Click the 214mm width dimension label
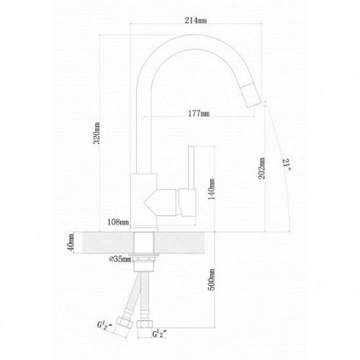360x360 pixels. [195, 21]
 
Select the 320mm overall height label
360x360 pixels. [96, 133]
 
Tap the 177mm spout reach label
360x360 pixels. [199, 113]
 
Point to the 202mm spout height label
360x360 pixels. [261, 168]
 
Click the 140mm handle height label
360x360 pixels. [211, 189]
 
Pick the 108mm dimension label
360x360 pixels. [118, 222]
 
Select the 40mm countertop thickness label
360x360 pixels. [71, 243]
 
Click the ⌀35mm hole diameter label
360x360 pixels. [120, 259]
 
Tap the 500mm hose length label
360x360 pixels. [211, 279]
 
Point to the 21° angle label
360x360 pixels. [287, 164]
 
